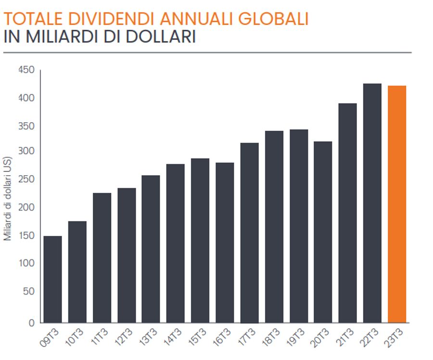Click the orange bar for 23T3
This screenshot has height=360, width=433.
coord(397,204)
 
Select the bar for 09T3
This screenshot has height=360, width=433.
coord(52,279)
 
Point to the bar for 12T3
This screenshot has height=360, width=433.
coord(127,255)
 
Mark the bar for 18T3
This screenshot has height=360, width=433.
coord(274,227)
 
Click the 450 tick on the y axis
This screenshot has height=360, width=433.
coord(26,70)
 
